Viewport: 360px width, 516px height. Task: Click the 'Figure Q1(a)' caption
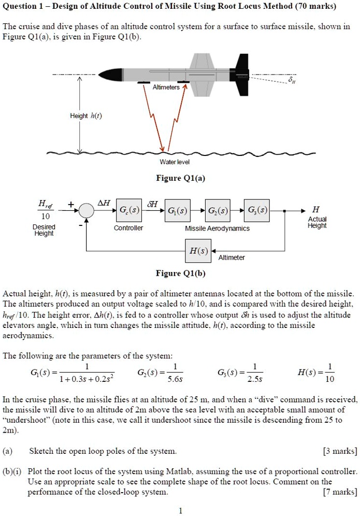181,178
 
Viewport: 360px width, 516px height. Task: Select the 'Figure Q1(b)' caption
181,274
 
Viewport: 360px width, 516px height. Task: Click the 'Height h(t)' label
85,116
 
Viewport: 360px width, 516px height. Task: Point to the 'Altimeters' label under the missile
166,88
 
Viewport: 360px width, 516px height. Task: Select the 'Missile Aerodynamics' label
217,228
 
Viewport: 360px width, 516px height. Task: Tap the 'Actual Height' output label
316,222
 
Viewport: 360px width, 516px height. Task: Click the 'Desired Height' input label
44,230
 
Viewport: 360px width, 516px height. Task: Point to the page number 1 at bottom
180,511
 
